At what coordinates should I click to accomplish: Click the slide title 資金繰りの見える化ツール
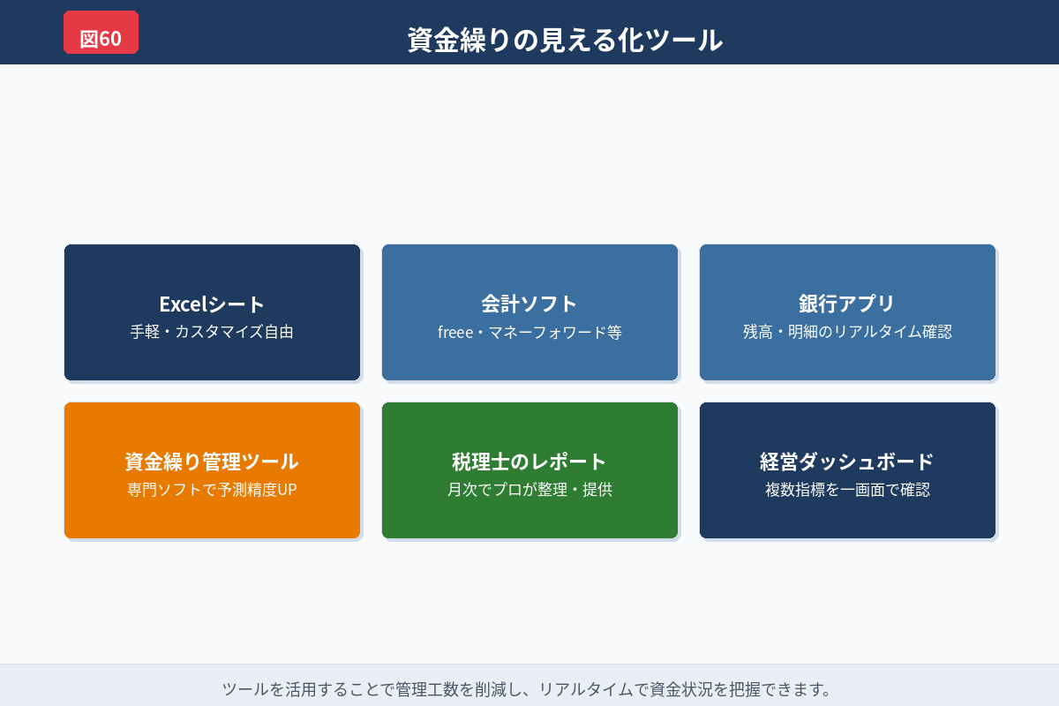coord(565,40)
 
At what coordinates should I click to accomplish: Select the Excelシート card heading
coord(212,304)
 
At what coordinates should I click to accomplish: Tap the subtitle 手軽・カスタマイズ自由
coord(212,333)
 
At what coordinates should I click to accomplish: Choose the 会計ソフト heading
coord(529,304)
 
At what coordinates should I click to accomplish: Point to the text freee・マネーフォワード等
coord(529,333)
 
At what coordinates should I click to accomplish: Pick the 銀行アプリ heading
coord(847,304)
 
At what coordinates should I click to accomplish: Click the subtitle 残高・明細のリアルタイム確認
coord(847,333)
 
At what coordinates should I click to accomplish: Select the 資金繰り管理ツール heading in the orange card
coord(212,462)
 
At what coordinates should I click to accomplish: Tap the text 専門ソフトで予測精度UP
coord(212,490)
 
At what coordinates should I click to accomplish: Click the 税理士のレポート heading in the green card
coord(529,462)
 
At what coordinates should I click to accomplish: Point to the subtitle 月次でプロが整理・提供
coord(529,490)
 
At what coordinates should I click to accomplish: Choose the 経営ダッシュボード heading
coord(847,462)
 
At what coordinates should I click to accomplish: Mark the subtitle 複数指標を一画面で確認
coord(847,490)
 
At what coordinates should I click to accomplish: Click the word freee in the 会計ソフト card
coord(456,333)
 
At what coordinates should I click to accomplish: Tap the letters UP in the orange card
coord(287,490)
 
